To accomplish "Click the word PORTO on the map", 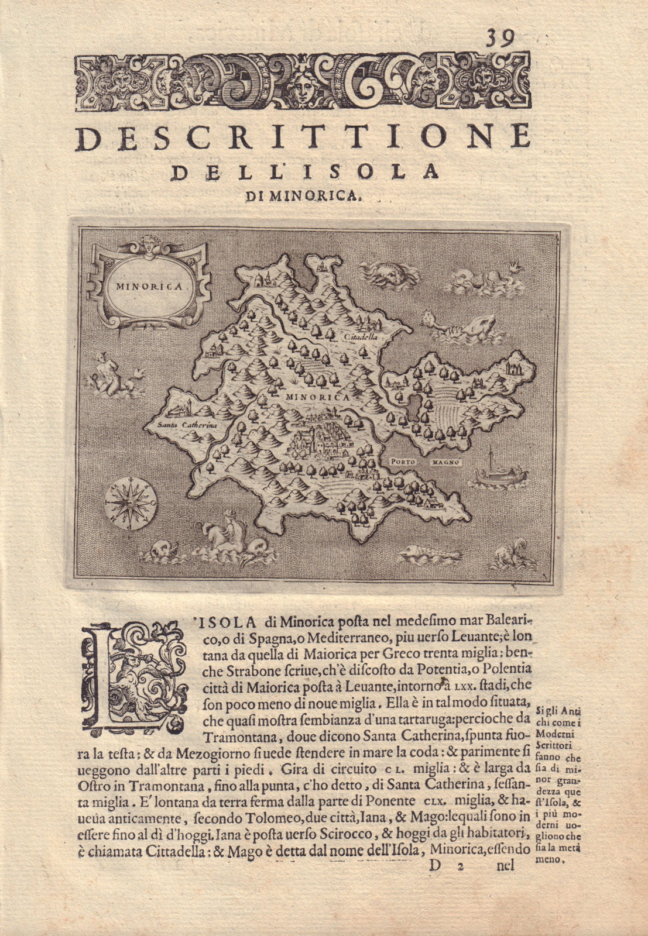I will pos(402,461).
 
